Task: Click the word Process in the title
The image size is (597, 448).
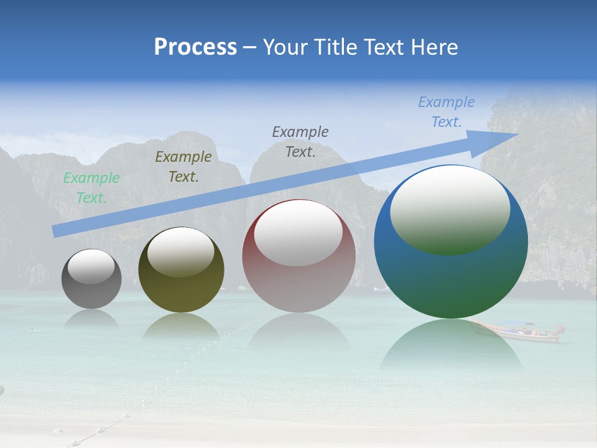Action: pyautogui.click(x=195, y=47)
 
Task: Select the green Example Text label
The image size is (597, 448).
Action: pyautogui.click(x=91, y=188)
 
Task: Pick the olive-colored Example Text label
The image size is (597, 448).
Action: pyautogui.click(x=183, y=167)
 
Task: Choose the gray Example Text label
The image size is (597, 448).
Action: pyautogui.click(x=300, y=141)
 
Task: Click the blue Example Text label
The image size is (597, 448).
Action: pyautogui.click(x=447, y=112)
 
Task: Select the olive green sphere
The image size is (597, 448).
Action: pyautogui.click(x=181, y=292)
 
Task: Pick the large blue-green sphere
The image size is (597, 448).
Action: pyautogui.click(x=451, y=280)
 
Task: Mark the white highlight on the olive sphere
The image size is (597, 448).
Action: pyautogui.click(x=181, y=252)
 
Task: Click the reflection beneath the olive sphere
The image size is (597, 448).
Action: pyautogui.click(x=181, y=327)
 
